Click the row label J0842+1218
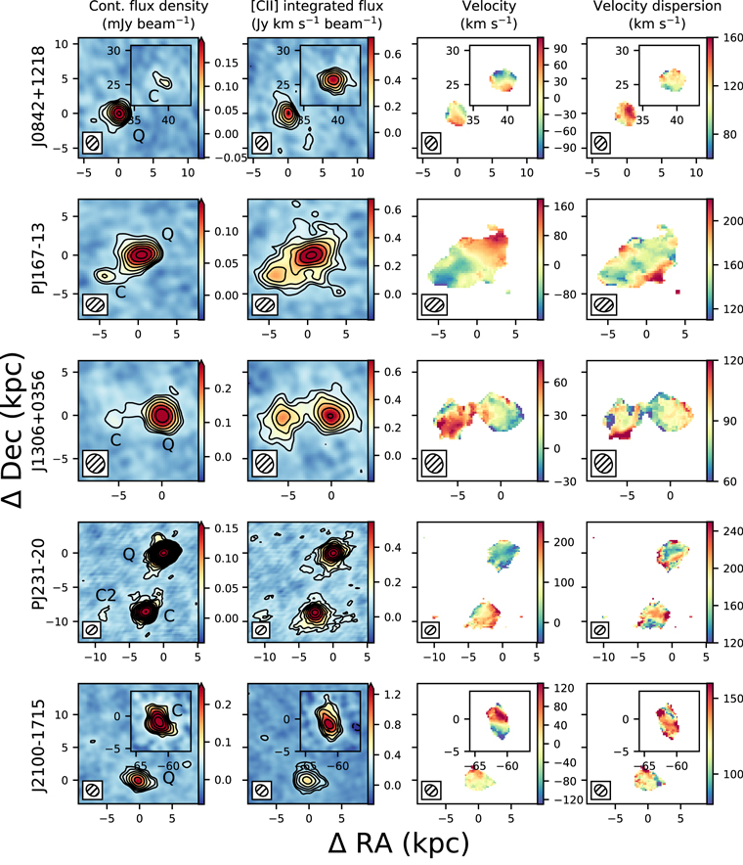(x=38, y=97)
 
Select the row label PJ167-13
(x=38, y=258)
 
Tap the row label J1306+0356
(x=38, y=421)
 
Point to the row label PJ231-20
(x=38, y=582)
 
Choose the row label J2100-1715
(x=38, y=746)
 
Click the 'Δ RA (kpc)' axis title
(x=399, y=842)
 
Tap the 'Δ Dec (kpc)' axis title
(x=14, y=431)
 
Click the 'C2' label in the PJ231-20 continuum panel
(x=106, y=595)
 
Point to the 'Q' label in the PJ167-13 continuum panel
(x=167, y=235)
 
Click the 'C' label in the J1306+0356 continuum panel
(x=115, y=440)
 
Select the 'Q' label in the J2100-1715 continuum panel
(x=169, y=778)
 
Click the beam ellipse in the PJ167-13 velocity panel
(x=434, y=304)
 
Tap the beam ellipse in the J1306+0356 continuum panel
(x=95, y=463)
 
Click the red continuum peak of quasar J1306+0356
(x=161, y=415)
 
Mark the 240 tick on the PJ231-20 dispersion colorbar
(x=731, y=531)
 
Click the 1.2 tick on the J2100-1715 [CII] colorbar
(x=392, y=695)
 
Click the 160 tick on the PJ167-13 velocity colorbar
(x=563, y=206)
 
